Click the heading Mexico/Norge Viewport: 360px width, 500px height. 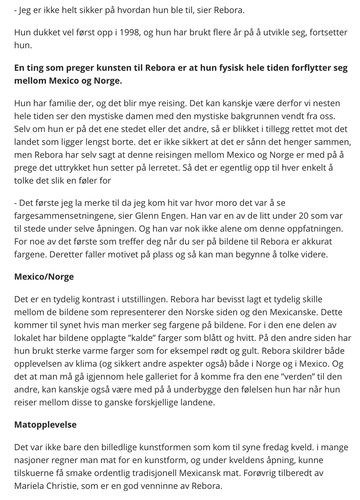tap(44, 277)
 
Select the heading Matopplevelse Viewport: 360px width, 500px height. tap(46, 424)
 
